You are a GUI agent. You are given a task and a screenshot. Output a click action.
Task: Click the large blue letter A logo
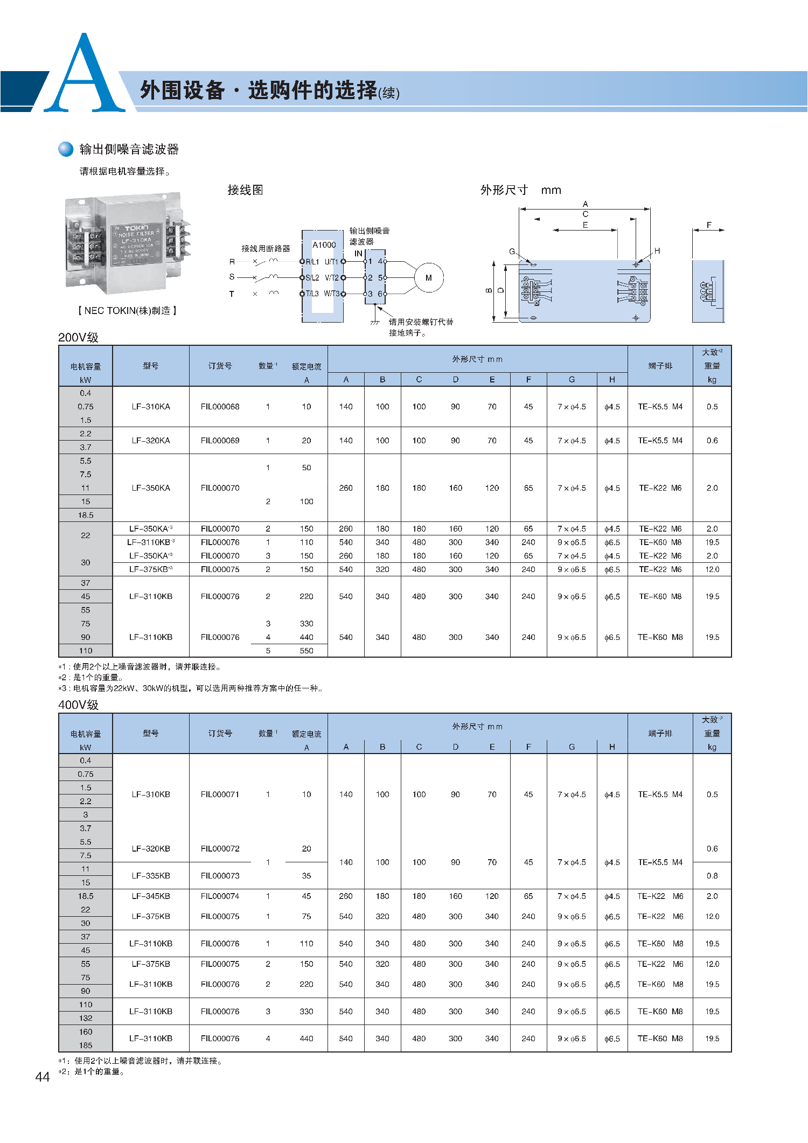[x=84, y=75]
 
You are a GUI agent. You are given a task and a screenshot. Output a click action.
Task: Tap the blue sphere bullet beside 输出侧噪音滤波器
[x=66, y=149]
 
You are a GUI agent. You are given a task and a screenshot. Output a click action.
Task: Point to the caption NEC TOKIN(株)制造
[x=127, y=311]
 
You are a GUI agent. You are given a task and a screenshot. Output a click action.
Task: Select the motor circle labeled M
[x=428, y=278]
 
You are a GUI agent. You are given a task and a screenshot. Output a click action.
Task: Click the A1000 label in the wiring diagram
[x=324, y=245]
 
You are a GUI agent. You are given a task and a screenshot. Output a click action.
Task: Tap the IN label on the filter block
[x=358, y=253]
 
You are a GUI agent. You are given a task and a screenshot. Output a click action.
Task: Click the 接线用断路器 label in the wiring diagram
[x=266, y=248]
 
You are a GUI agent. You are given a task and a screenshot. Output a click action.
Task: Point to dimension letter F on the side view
[x=709, y=225]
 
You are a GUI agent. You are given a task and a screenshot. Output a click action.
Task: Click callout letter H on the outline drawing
[x=657, y=251]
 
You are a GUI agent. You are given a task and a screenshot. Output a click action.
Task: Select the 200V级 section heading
[x=78, y=338]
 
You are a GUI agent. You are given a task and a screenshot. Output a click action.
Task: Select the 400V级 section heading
[x=78, y=705]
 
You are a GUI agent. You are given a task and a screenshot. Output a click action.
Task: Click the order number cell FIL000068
[x=220, y=407]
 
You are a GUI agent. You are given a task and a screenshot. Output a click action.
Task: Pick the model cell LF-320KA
[x=151, y=441]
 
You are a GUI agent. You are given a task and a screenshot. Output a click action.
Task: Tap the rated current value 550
[x=307, y=651]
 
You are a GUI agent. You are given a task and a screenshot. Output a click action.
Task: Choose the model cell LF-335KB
[x=151, y=876]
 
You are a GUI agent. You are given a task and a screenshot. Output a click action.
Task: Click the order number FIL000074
[x=220, y=896]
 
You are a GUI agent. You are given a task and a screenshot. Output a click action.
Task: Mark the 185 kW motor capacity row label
[x=86, y=1046]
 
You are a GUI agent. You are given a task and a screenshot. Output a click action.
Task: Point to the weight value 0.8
[x=712, y=876]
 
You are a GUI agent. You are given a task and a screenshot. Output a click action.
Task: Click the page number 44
[x=42, y=1077]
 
